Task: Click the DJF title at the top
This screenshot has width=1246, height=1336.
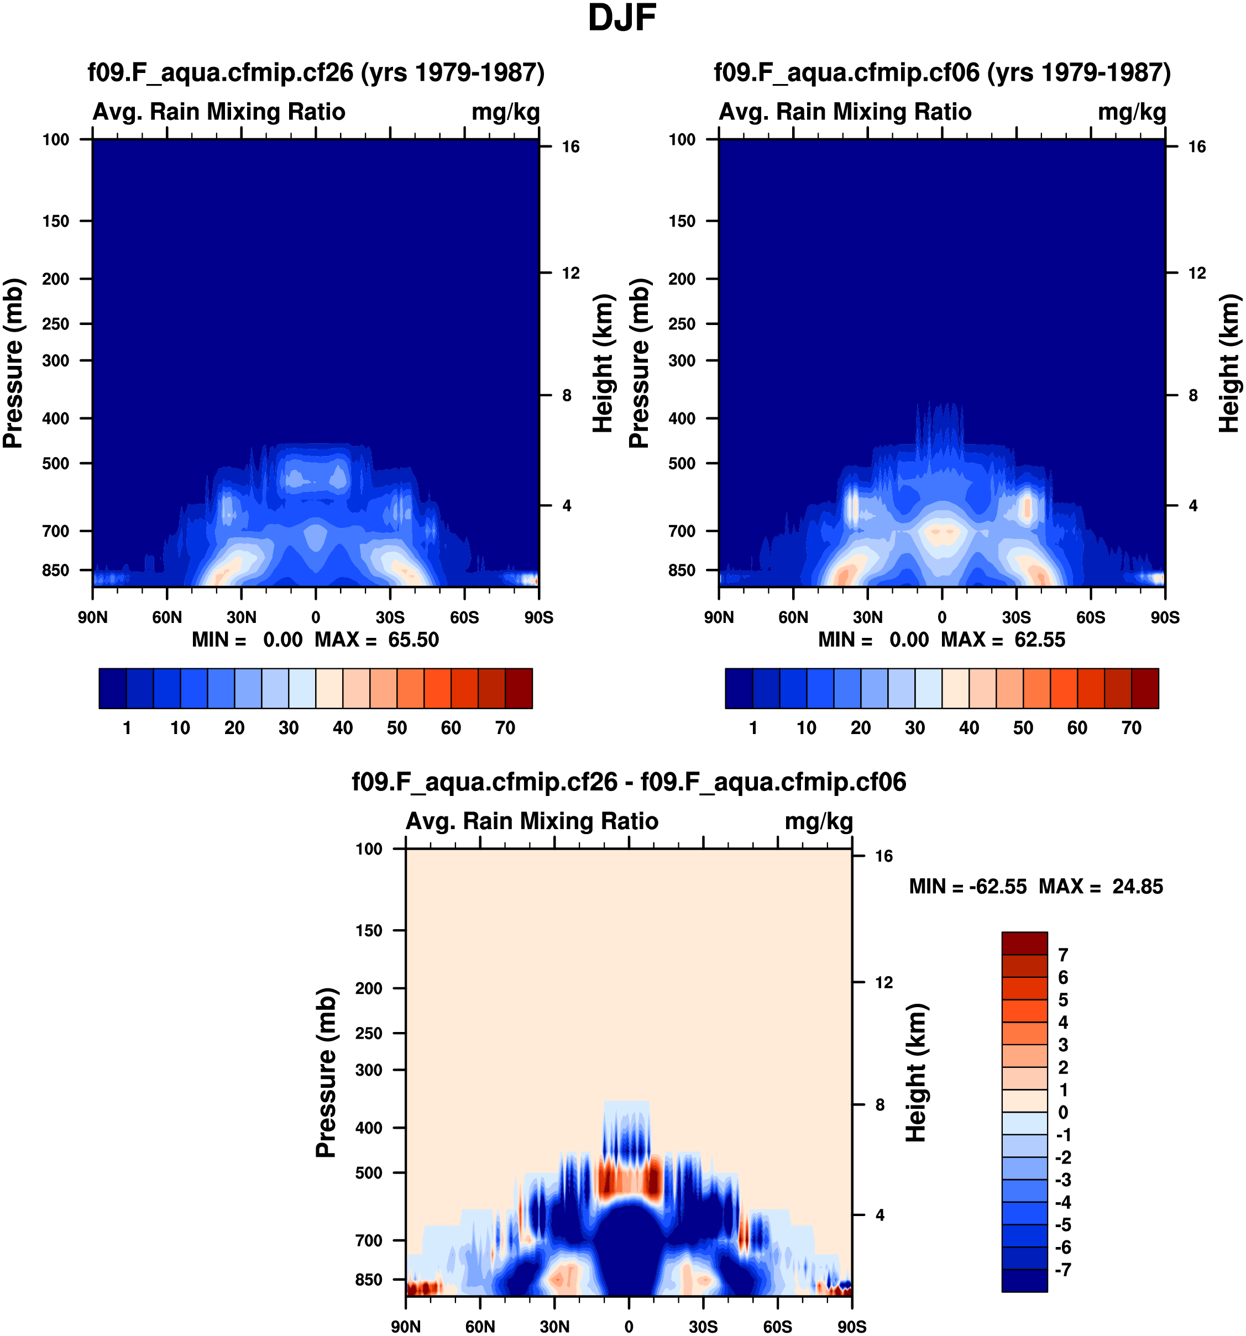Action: [x=622, y=18]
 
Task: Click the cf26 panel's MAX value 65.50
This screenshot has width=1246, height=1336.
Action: [x=413, y=640]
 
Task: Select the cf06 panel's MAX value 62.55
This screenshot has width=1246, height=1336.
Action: [x=1040, y=640]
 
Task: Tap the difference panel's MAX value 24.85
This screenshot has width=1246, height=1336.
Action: [x=1138, y=887]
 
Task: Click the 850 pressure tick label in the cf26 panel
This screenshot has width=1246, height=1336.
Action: [x=56, y=570]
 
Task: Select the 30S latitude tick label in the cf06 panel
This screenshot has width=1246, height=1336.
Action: [x=1016, y=617]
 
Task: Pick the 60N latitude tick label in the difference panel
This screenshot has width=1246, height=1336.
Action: [x=480, y=1327]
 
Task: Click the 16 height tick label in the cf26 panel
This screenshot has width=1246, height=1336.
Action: [x=570, y=146]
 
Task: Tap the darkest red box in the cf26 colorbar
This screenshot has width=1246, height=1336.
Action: [x=519, y=688]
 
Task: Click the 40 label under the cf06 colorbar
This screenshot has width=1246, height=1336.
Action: [x=969, y=728]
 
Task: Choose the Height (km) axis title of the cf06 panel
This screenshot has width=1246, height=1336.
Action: [x=1229, y=363]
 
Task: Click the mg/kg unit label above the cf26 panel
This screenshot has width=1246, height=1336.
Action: [x=505, y=112]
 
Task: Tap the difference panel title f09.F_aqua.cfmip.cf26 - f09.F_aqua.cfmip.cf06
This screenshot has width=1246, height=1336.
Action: [x=629, y=782]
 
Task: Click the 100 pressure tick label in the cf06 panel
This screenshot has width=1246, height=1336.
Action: [x=682, y=140]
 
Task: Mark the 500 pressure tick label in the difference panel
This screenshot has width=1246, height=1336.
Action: [x=369, y=1173]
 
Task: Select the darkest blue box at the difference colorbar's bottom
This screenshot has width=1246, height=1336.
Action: [x=1024, y=1280]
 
